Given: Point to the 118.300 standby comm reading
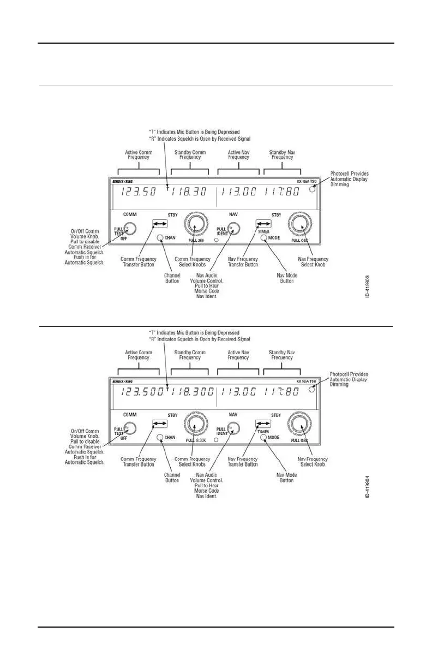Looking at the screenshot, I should [x=191, y=392].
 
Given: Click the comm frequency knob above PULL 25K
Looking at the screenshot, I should [x=196, y=223].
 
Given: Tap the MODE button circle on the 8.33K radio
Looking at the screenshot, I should [x=263, y=437].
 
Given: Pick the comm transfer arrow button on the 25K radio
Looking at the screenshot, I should [x=160, y=224].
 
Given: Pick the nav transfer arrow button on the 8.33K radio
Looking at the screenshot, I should [x=263, y=424].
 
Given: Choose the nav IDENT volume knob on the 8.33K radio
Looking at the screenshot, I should [x=233, y=429].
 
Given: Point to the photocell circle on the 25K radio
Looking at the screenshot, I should [x=312, y=189].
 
